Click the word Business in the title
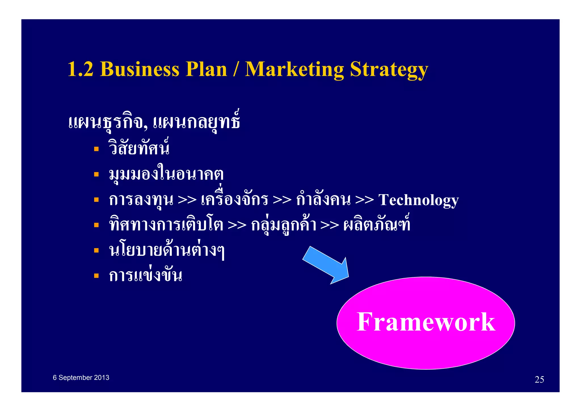140,69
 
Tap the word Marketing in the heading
294,69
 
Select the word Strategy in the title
389,69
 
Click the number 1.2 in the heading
81,69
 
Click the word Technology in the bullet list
418,200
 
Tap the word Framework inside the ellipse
426,322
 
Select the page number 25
539,379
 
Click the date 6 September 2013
81,378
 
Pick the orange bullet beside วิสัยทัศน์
96,149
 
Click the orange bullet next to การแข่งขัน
96,275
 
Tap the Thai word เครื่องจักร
234,199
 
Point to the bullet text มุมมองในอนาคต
166,174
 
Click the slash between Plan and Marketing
235,69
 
